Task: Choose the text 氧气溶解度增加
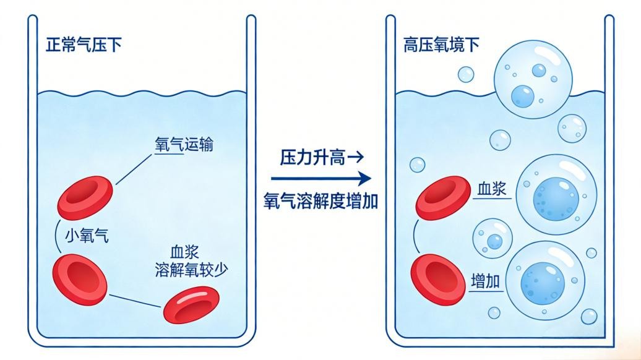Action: tap(320, 201)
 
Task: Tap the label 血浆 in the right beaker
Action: tap(492, 189)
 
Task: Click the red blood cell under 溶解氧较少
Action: tap(191, 304)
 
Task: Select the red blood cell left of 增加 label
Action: tap(437, 281)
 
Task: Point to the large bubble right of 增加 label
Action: tap(544, 279)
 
